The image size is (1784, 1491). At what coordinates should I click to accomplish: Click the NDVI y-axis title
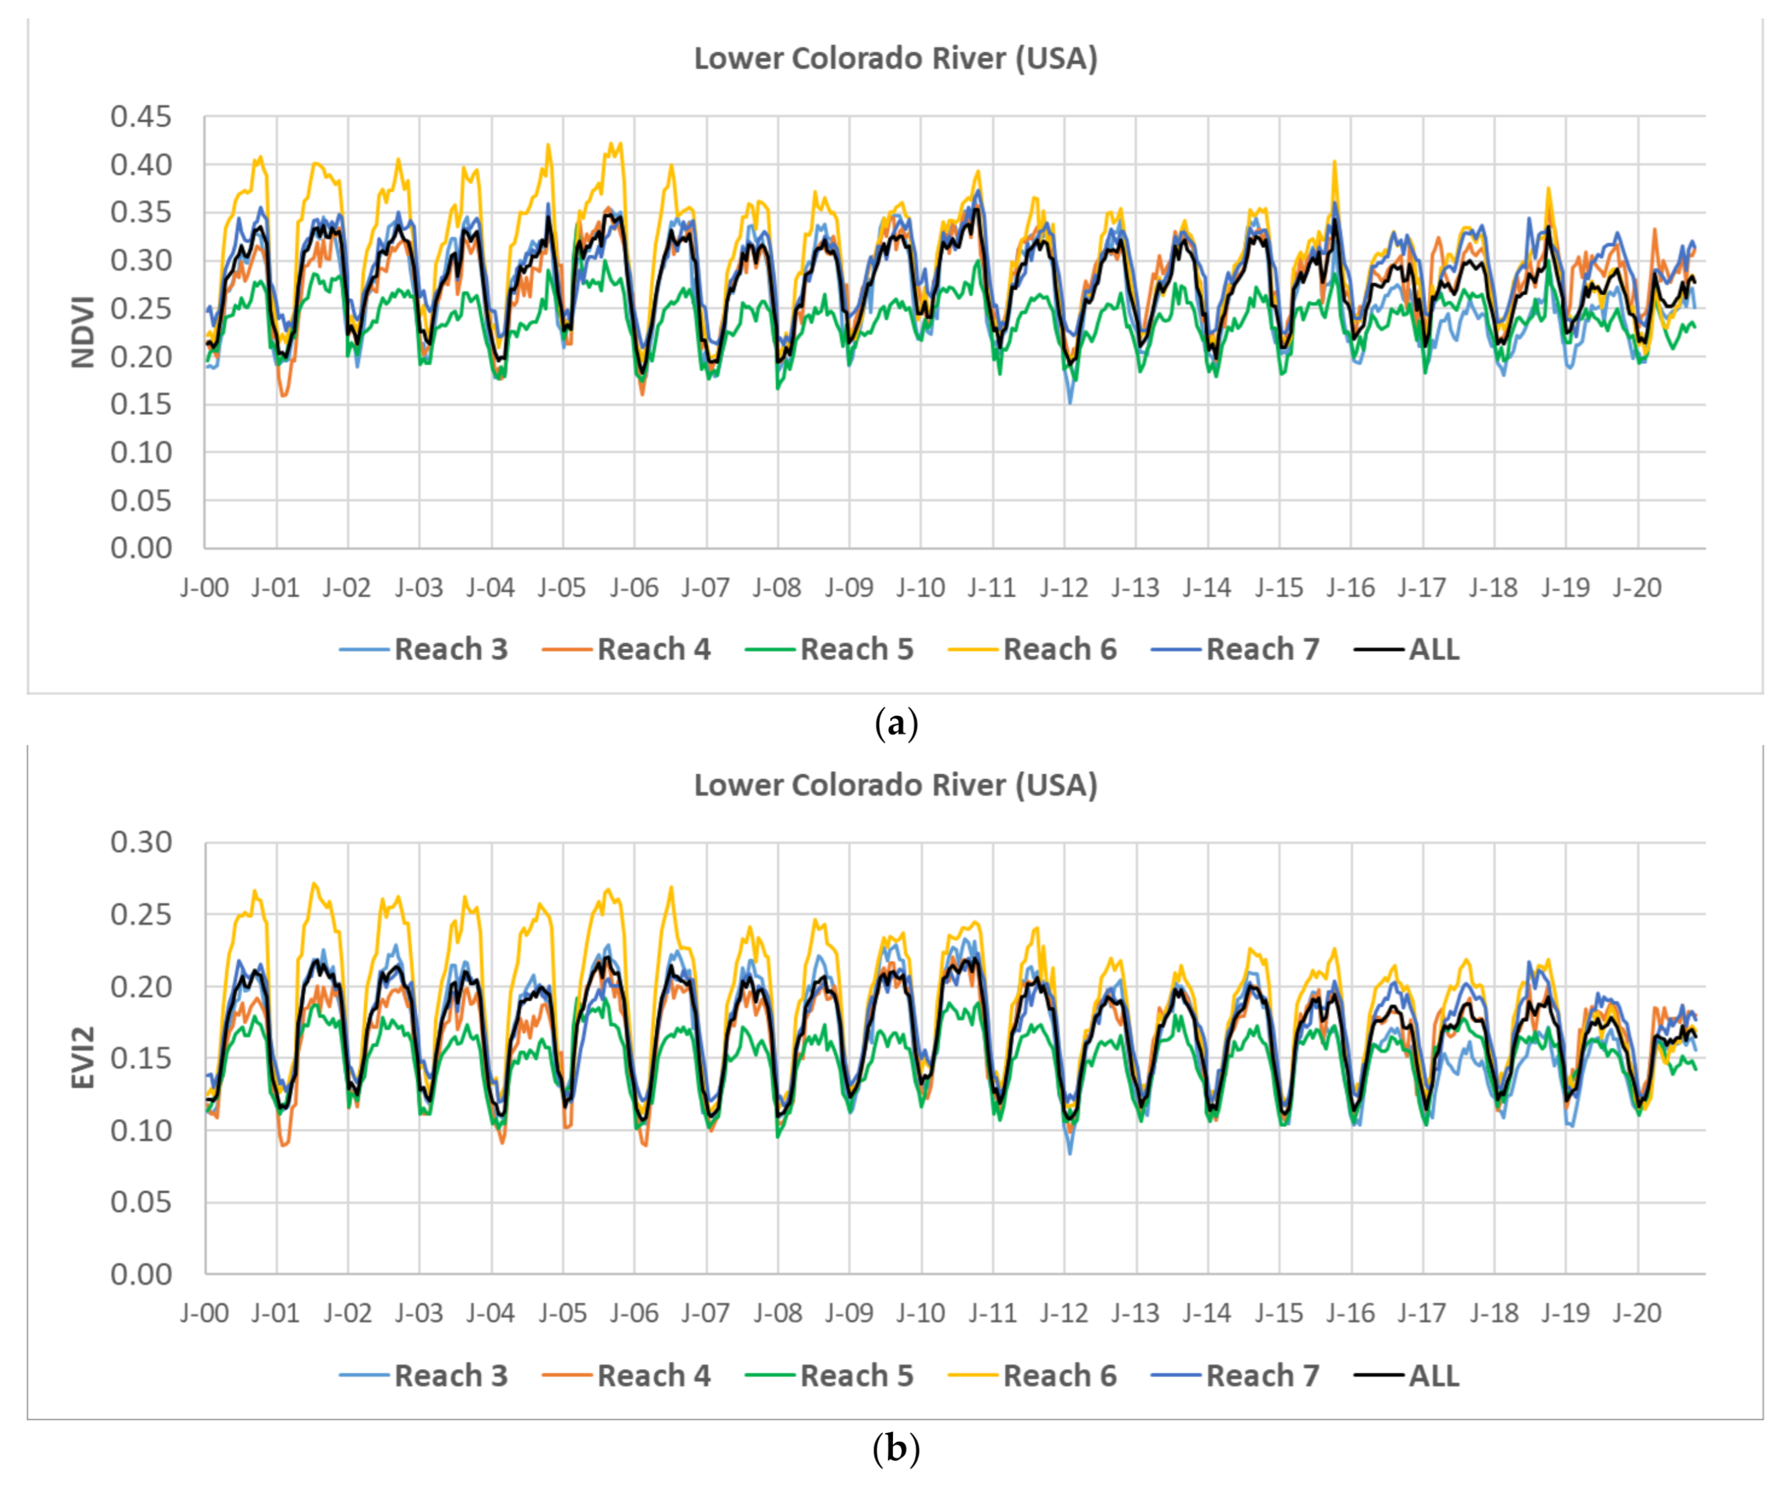82,332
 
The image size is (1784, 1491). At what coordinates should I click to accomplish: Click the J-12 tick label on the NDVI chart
1064,587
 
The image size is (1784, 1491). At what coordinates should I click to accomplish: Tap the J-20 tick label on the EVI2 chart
1637,1314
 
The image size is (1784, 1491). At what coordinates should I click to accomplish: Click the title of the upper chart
895,58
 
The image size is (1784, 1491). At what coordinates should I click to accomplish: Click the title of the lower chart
895,785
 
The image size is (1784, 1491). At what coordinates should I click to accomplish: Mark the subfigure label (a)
895,724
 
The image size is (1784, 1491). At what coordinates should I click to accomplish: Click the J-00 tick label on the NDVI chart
204,587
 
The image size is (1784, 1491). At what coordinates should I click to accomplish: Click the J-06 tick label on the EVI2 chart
634,1314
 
